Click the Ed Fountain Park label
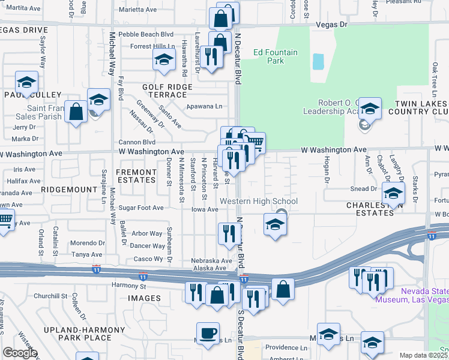[275, 56]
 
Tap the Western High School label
[259, 202]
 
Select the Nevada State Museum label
[412, 295]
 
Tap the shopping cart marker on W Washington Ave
[255, 142]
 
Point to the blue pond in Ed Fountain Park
[318, 61]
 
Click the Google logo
[20, 353]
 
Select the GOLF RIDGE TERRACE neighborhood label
[167, 91]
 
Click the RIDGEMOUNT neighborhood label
[69, 189]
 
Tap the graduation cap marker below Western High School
[274, 225]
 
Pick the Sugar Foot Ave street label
[141, 208]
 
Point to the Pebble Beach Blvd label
[146, 35]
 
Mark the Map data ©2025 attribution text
[423, 355]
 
